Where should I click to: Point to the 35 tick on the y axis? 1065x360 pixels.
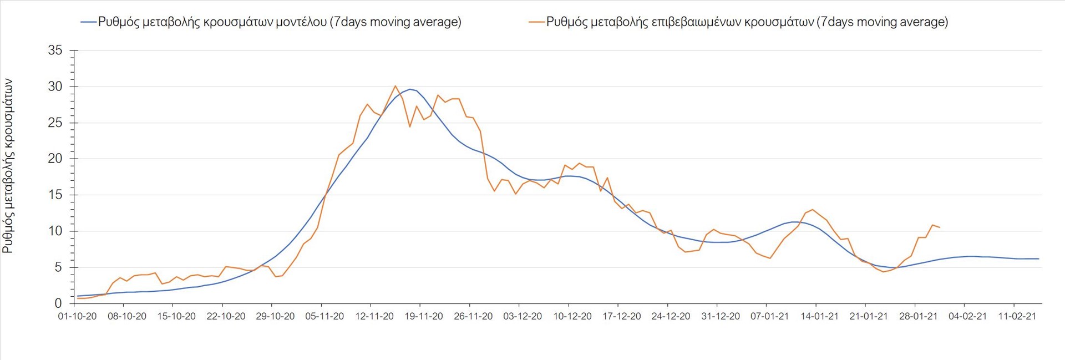click(x=55, y=50)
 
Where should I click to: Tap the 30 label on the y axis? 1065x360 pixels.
click(x=55, y=87)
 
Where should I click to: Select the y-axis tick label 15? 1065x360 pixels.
click(x=55, y=195)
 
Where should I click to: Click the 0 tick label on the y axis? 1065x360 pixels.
click(x=58, y=303)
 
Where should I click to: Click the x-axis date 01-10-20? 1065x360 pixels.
click(x=78, y=316)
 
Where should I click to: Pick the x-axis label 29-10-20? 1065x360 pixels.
click(x=276, y=316)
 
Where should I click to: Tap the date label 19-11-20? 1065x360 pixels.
click(x=424, y=316)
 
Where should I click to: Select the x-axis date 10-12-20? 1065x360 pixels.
click(x=572, y=316)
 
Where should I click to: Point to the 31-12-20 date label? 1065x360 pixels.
click(x=721, y=316)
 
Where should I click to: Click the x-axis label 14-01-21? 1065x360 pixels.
click(x=819, y=316)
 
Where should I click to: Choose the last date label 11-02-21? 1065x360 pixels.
click(x=1017, y=316)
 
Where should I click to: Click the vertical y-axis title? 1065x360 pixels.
click(x=8, y=166)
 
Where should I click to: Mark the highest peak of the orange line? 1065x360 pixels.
click(x=395, y=86)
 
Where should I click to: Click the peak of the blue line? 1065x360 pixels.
click(x=410, y=89)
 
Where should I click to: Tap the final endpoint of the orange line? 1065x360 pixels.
click(x=939, y=227)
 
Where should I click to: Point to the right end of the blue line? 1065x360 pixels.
click(x=1038, y=258)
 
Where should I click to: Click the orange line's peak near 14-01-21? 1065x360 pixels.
click(x=813, y=210)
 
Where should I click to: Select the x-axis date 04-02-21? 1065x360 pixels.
click(x=968, y=316)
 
